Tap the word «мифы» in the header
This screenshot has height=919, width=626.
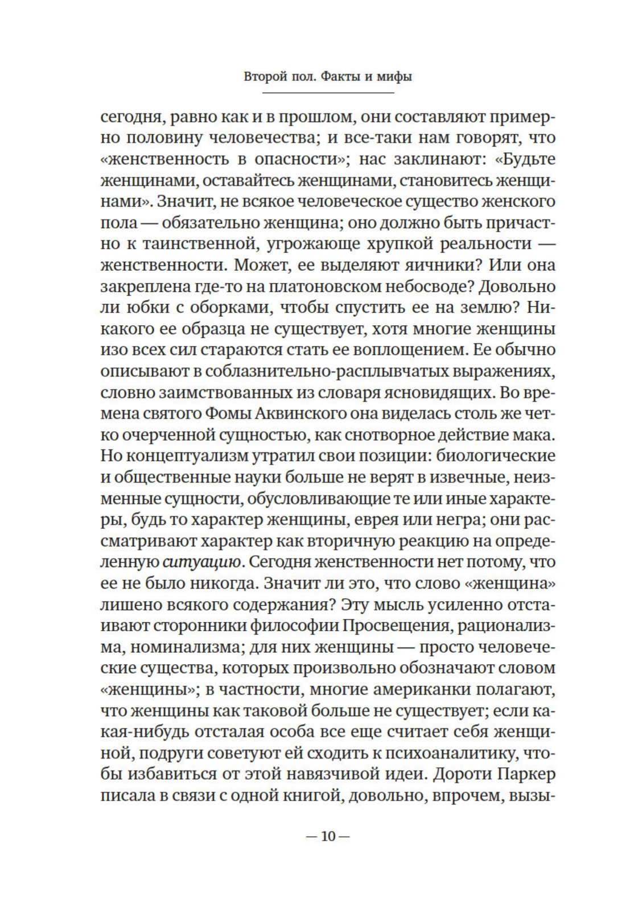[x=394, y=77]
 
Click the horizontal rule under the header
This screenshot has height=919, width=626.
[x=328, y=93]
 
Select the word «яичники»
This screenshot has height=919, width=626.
[x=440, y=266]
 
